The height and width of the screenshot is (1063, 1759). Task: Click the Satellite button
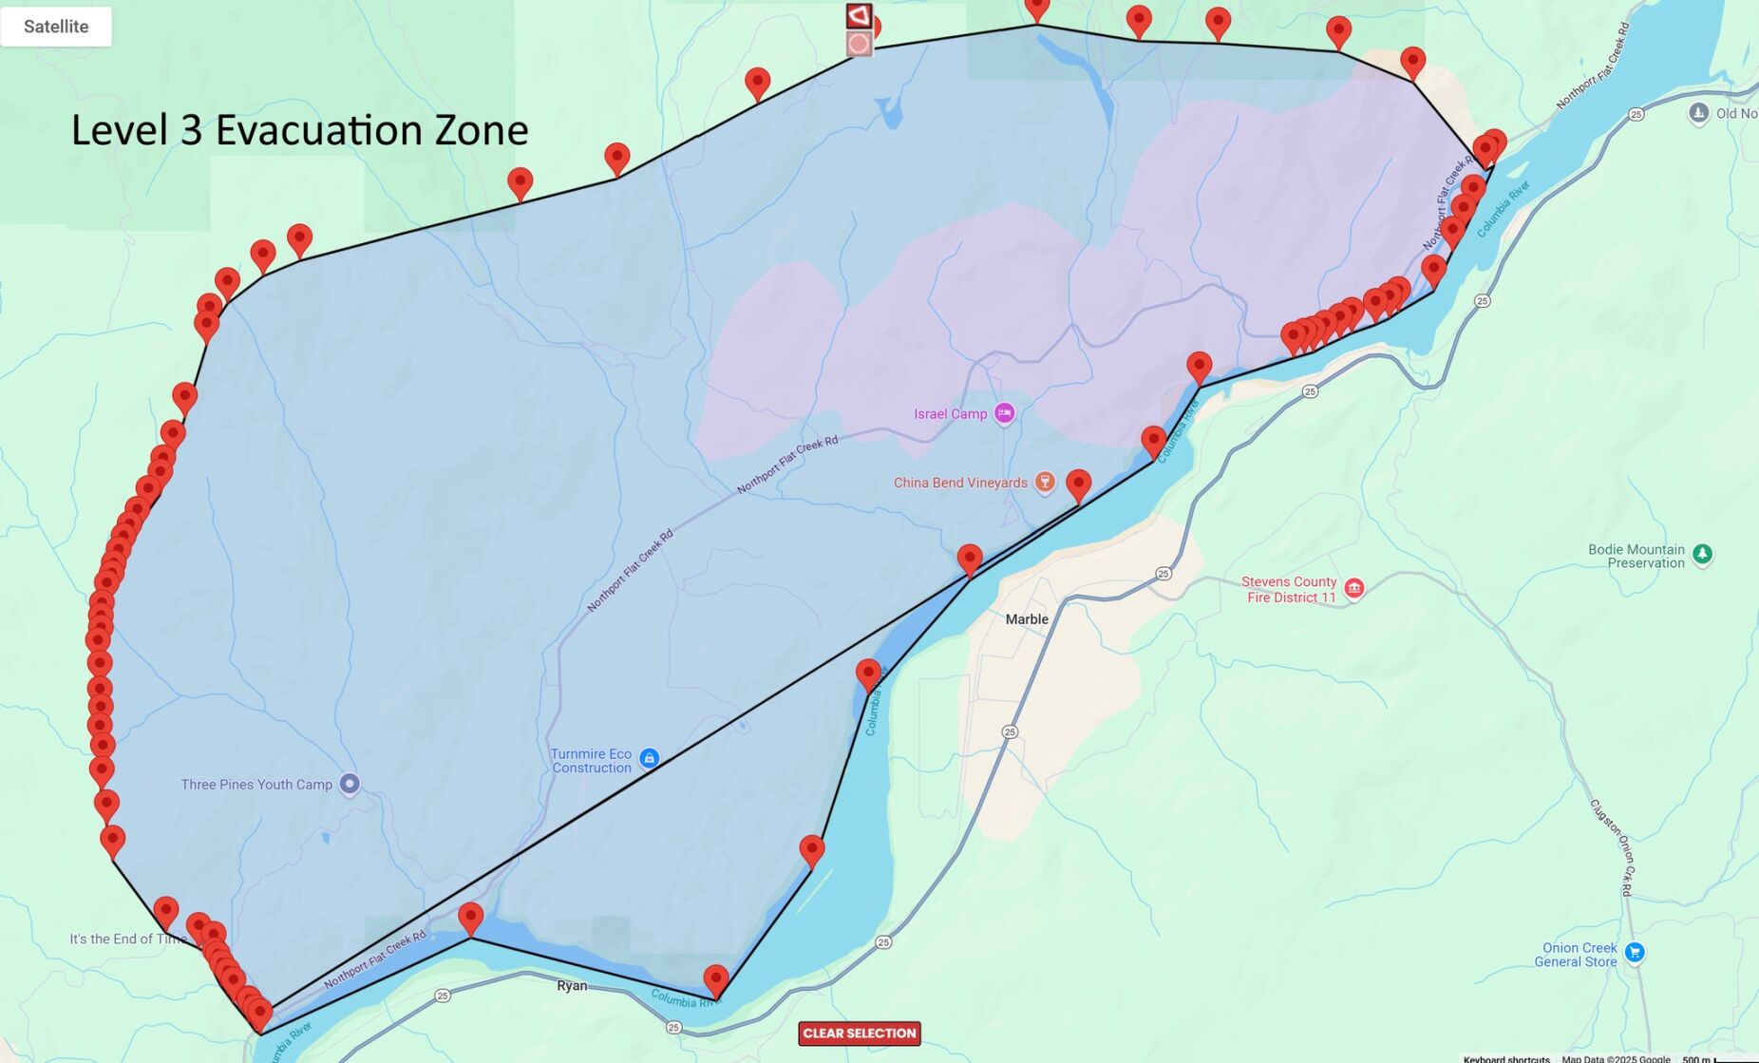pos(56,27)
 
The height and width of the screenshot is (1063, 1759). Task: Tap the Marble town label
pos(1027,619)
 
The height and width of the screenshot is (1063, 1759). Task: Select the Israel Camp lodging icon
pos(1004,413)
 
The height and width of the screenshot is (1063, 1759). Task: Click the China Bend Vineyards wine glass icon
pos(1045,482)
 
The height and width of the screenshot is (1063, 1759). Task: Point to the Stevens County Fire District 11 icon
pos(1354,588)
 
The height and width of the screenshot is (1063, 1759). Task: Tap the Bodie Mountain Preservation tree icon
pos(1702,554)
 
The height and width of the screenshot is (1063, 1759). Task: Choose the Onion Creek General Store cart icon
pos(1634,952)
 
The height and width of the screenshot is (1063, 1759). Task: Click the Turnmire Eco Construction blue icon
pos(649,758)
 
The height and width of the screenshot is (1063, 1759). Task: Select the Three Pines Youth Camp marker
pos(350,784)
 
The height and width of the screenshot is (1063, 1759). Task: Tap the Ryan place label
pos(572,986)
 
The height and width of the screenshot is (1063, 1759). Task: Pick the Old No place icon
pos(1698,113)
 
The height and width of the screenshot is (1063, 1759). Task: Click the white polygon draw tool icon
pos(859,15)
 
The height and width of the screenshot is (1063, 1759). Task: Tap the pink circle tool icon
pos(859,44)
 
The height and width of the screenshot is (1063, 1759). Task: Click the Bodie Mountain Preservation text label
pos(1636,556)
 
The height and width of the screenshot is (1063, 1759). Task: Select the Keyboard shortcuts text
pos(1506,1058)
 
